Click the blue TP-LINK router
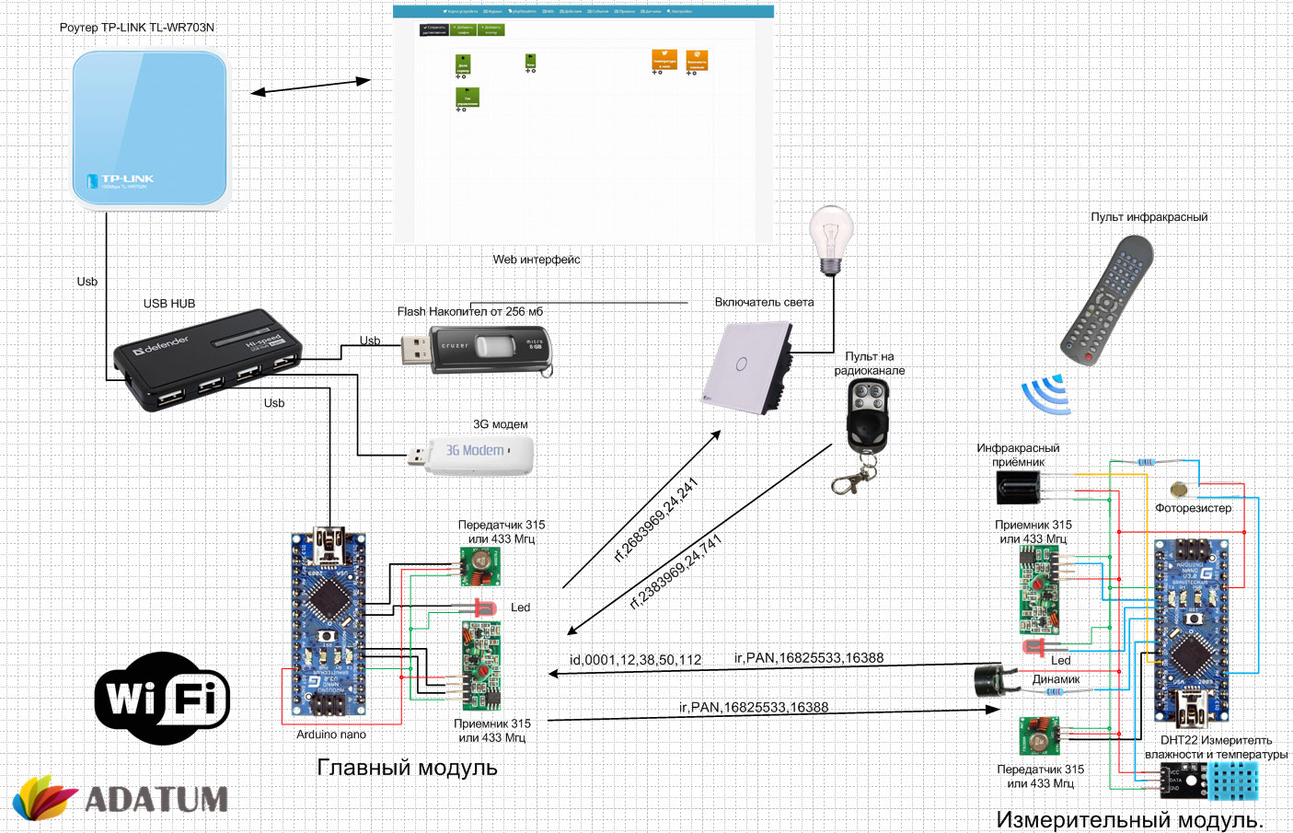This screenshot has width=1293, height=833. coord(149,128)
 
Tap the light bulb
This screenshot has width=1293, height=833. coord(831,238)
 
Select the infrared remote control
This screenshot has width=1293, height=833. coord(1107,300)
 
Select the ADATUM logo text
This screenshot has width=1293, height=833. coord(156,799)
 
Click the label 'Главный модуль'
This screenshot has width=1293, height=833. coord(407,768)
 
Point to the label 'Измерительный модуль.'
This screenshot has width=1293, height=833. coord(1129,819)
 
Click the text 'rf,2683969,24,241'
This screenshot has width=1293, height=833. coord(656,520)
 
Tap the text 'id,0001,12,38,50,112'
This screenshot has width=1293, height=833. coord(635,660)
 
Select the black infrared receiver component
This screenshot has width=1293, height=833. coord(1018,487)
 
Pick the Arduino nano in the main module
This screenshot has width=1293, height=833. coord(329,623)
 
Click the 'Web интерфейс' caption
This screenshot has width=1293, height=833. coord(536,260)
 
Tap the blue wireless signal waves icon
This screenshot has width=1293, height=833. coord(1047,394)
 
